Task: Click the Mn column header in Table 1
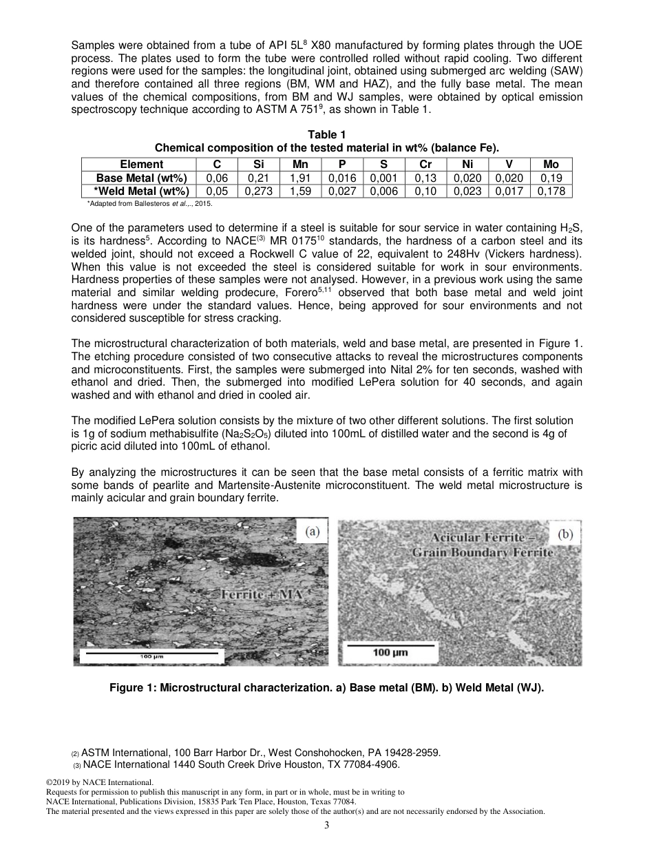(301, 164)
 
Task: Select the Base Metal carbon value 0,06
(217, 178)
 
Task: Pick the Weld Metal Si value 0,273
(259, 191)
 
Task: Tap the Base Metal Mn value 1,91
(301, 178)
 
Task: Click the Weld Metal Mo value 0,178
(551, 191)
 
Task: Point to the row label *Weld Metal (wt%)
(142, 191)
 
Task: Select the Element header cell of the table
(142, 164)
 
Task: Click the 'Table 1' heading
(326, 135)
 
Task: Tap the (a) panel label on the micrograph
(312, 532)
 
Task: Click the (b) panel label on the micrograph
(565, 534)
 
